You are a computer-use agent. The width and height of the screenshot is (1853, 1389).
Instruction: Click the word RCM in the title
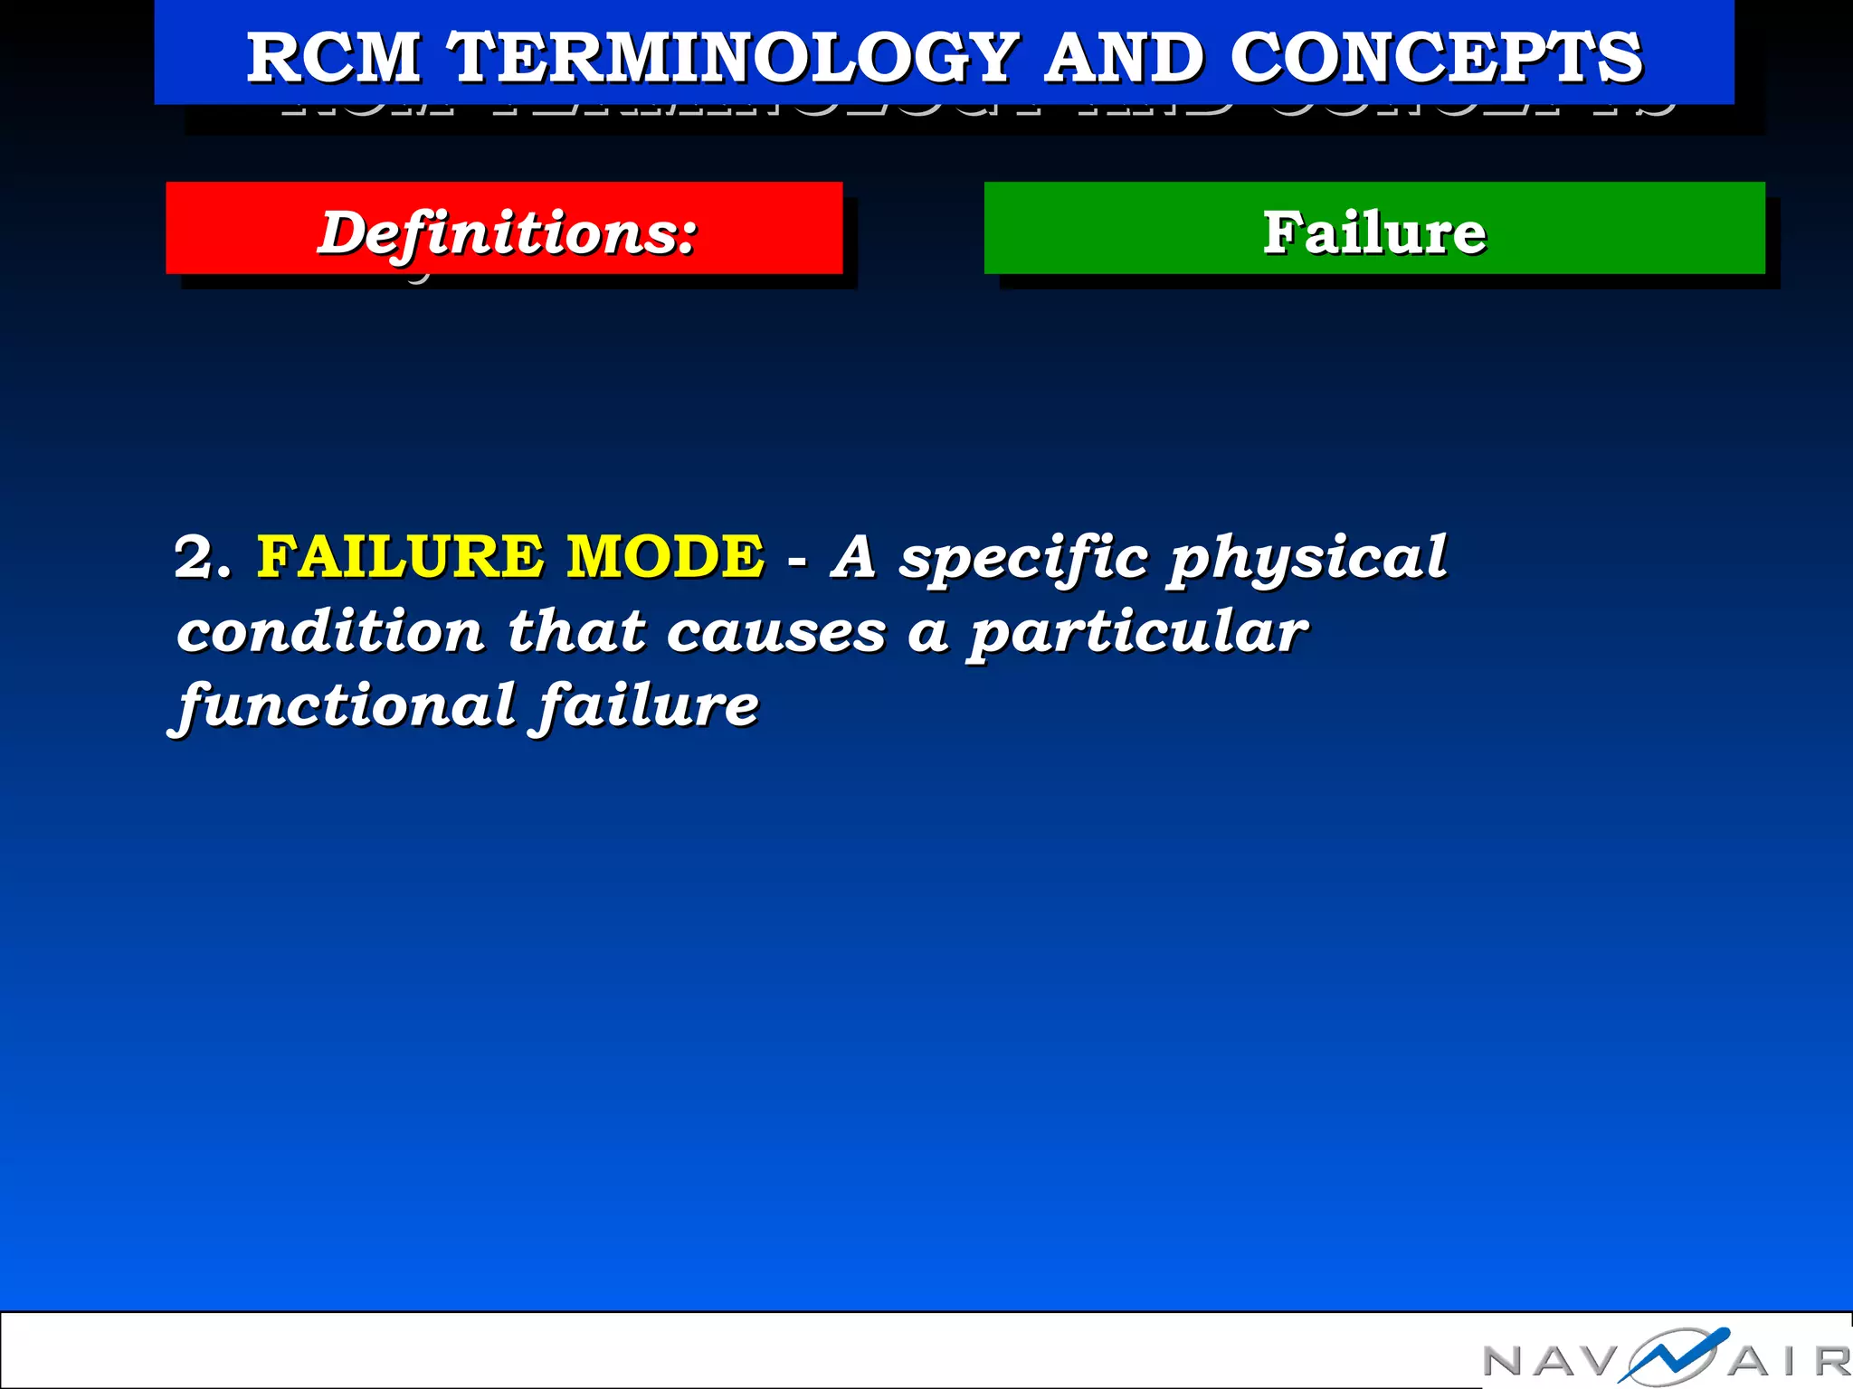[333, 58]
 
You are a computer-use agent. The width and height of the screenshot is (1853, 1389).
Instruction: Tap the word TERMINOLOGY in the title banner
[735, 58]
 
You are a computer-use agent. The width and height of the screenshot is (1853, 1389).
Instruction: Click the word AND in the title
[1125, 58]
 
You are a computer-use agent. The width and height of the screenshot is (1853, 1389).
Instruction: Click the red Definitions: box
[504, 229]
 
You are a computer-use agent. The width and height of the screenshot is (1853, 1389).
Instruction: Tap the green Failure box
[1373, 229]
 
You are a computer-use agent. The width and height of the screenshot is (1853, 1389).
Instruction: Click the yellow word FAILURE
[400, 556]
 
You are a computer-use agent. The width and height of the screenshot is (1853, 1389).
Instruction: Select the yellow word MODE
[665, 556]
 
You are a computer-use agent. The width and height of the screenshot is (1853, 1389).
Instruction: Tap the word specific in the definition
[1023, 558]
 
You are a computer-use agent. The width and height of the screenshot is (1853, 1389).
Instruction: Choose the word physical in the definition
[1307, 558]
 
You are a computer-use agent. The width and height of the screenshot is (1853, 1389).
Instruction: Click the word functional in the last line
[347, 705]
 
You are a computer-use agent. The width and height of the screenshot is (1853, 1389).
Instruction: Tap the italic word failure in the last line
[648, 705]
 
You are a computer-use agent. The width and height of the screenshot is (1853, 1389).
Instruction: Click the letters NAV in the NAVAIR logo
[1551, 1361]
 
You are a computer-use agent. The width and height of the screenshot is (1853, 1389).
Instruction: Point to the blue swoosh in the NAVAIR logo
[1674, 1355]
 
